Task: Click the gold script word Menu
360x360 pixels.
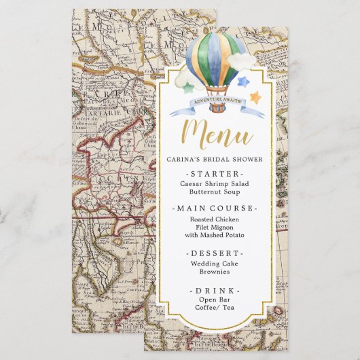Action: click(x=214, y=131)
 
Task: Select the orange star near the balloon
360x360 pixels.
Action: click(x=255, y=97)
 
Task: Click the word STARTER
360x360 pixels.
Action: click(x=214, y=174)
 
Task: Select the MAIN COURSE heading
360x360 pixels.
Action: click(x=214, y=208)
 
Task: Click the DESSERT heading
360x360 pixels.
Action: click(x=214, y=252)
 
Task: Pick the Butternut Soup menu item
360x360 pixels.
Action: click(x=214, y=193)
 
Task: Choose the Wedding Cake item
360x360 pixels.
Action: click(x=214, y=262)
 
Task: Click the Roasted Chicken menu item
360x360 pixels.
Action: click(x=214, y=219)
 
